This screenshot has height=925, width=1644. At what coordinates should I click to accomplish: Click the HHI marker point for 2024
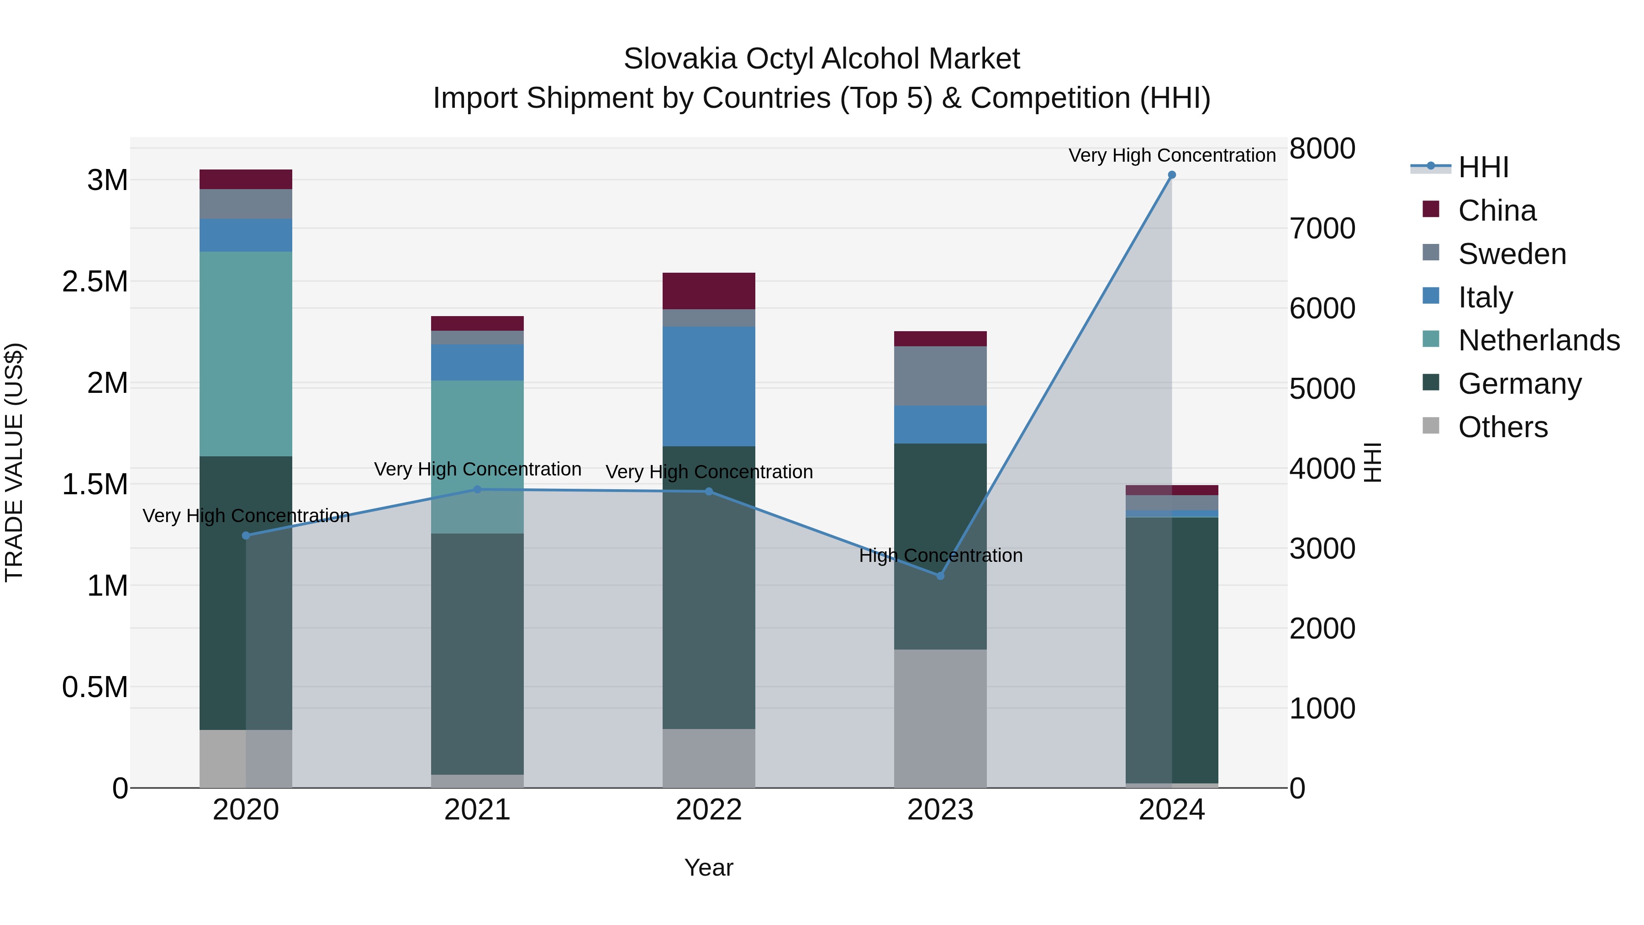point(1172,175)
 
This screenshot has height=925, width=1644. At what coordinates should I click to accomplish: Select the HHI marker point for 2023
point(940,576)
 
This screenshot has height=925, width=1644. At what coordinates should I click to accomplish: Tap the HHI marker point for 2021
point(477,490)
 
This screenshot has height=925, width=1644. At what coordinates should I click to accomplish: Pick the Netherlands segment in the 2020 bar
point(246,354)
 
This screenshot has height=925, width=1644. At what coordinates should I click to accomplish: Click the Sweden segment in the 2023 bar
point(940,376)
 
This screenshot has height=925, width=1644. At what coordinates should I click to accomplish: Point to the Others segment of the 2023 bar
point(940,718)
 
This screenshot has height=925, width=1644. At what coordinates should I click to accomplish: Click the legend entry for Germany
point(1519,384)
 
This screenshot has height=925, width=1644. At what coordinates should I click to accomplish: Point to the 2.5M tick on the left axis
point(95,281)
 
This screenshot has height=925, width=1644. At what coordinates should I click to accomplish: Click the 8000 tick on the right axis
point(1322,149)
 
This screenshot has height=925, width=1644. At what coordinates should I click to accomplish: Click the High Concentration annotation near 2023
point(940,555)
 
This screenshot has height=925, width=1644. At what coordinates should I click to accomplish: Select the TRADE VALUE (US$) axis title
point(14,462)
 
